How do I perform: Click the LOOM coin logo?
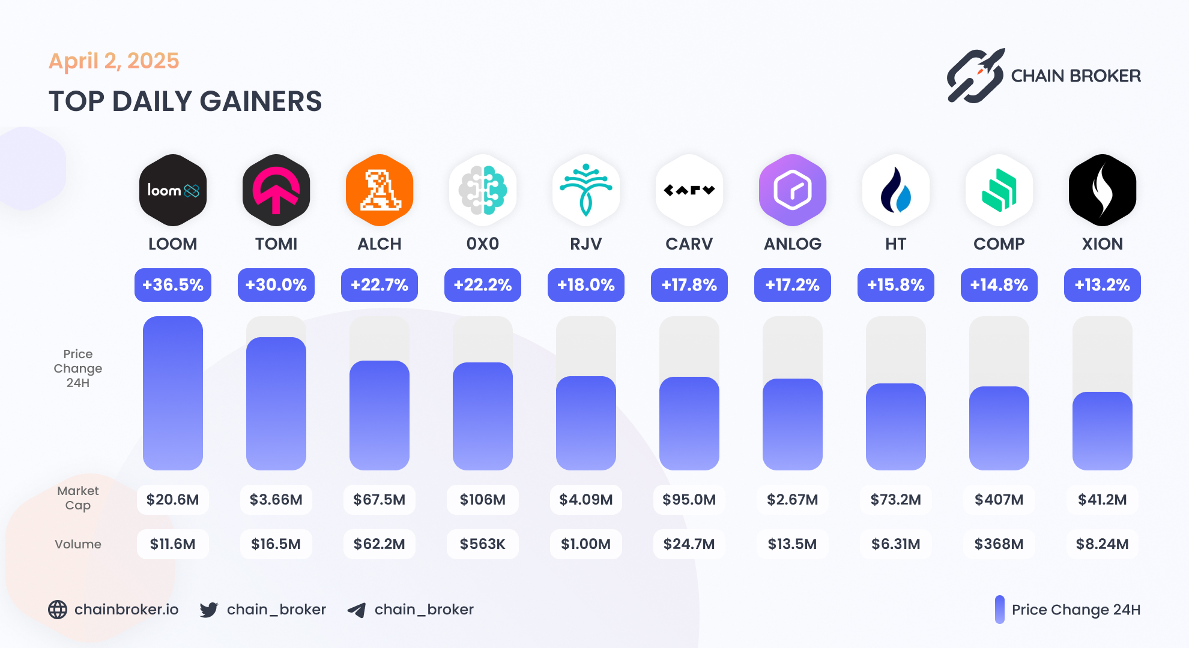pyautogui.click(x=173, y=190)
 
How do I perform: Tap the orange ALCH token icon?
pyautogui.click(x=380, y=190)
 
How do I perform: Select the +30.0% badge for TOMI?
pyautogui.click(x=276, y=285)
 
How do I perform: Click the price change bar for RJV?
pyautogui.click(x=586, y=422)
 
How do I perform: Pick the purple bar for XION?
pyautogui.click(x=1103, y=430)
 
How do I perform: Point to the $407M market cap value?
pyautogui.click(x=999, y=500)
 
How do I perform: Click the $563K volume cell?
pyautogui.click(x=483, y=544)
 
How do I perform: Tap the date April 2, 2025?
pyautogui.click(x=114, y=61)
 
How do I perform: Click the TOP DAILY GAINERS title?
pyautogui.click(x=185, y=101)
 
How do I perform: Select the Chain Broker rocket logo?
pyautogui.click(x=976, y=76)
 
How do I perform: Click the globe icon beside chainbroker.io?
pyautogui.click(x=58, y=610)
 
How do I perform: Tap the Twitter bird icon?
pyautogui.click(x=209, y=610)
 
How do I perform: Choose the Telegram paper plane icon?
pyautogui.click(x=357, y=610)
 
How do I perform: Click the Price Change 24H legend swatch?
pyautogui.click(x=1000, y=610)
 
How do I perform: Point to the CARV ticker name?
pyautogui.click(x=689, y=244)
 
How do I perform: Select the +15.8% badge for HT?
pyautogui.click(x=896, y=285)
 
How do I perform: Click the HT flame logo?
pyautogui.click(x=896, y=190)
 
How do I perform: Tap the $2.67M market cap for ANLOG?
pyautogui.click(x=793, y=500)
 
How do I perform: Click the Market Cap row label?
pyautogui.click(x=78, y=498)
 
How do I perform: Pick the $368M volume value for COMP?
pyautogui.click(x=999, y=544)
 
